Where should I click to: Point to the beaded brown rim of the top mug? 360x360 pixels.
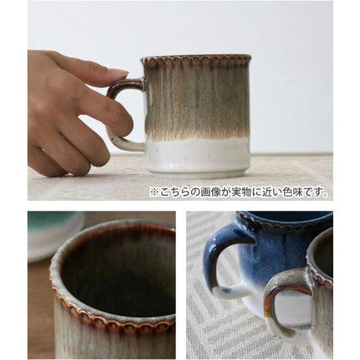click(195, 60)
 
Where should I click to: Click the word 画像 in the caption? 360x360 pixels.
click(211, 192)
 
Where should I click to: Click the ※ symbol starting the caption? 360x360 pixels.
click(154, 192)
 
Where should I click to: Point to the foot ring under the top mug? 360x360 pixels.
click(197, 173)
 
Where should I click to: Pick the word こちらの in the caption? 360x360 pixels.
click(180, 192)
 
